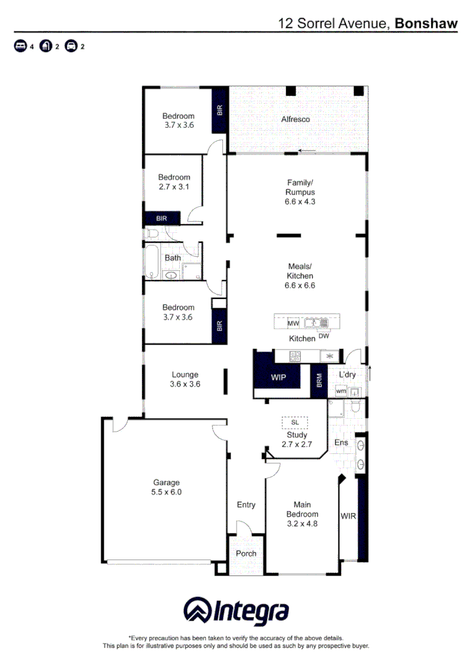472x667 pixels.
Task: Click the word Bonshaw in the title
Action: (x=426, y=23)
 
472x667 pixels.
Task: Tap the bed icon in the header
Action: (x=20, y=46)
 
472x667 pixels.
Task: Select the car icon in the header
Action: (x=71, y=46)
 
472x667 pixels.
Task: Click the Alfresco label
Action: (x=295, y=119)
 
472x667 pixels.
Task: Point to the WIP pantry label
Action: (x=278, y=377)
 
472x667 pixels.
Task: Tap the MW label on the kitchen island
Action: (x=293, y=323)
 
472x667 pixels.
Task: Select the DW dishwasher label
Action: (x=324, y=337)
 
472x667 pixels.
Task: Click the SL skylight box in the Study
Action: (x=295, y=422)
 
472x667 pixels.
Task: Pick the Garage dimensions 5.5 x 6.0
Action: (x=167, y=492)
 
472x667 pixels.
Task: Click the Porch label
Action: (x=246, y=553)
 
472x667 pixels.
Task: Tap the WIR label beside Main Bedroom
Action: (x=348, y=515)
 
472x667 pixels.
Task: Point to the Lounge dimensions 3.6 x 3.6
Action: (x=185, y=384)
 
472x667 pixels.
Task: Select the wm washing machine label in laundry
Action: (x=341, y=392)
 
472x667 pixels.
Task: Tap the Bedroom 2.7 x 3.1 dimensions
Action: (x=174, y=186)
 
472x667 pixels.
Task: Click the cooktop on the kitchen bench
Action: (x=295, y=356)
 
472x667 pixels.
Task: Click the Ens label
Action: (x=341, y=442)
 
